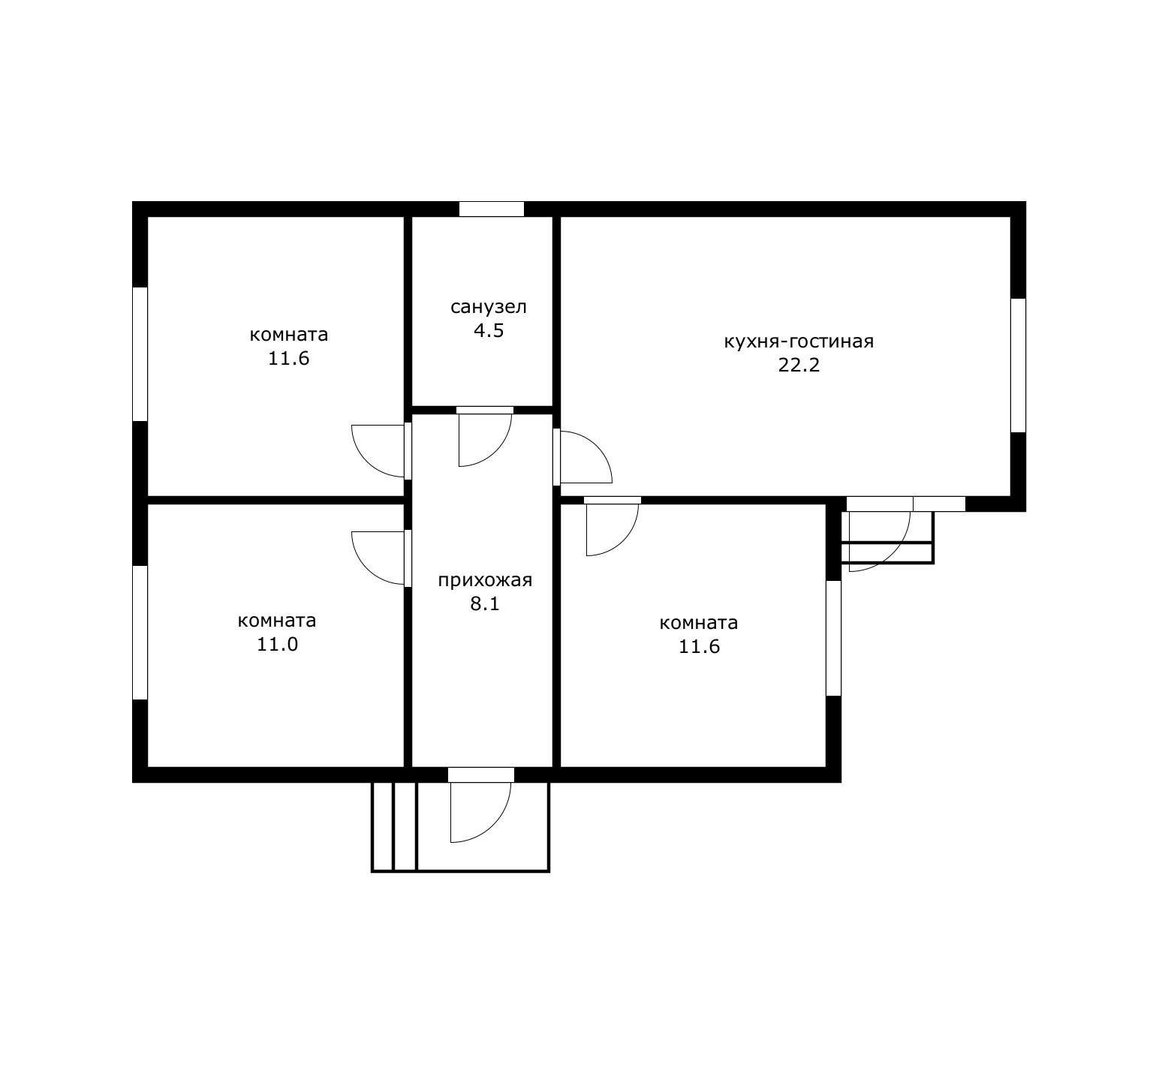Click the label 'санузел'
coord(488,307)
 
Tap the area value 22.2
coord(799,366)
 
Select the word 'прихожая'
coord(485,580)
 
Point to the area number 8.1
coord(485,603)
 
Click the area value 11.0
coord(278,644)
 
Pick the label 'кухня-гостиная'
coord(799,341)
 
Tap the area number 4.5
coord(488,330)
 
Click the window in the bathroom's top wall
coord(492,209)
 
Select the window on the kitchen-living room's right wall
coord(1018,366)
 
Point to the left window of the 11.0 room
coord(140,633)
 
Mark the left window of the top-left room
coord(140,353)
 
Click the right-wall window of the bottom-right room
coord(833,639)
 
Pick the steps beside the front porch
coord(394,826)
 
